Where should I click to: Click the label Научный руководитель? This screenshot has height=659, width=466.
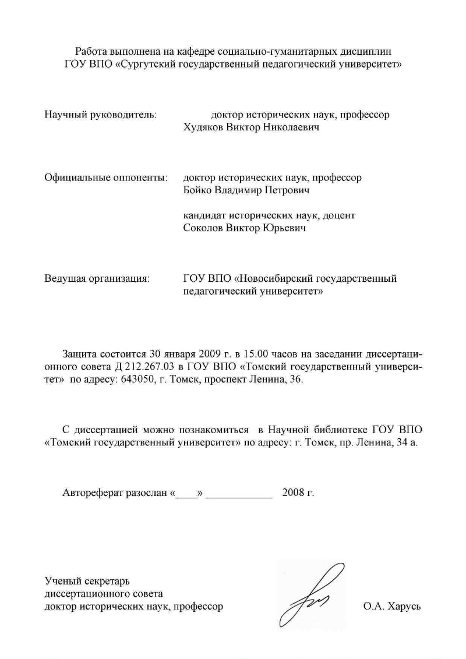point(101,115)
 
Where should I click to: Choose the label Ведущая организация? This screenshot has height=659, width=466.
point(97,278)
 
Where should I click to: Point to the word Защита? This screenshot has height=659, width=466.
point(79,355)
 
